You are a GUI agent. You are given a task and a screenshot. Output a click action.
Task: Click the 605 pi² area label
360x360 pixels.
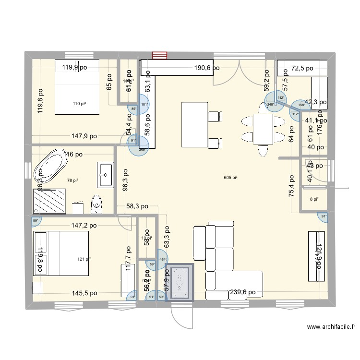point(230,178)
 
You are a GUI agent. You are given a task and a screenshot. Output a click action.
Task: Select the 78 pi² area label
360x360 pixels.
point(72,180)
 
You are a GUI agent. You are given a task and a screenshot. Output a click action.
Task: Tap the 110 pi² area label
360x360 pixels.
point(79,104)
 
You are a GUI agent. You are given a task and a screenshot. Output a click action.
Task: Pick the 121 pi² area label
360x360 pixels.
point(84,259)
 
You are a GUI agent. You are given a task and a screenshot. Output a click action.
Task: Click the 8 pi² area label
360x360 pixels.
point(314,200)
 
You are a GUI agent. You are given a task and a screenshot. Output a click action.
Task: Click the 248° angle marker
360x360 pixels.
point(271,105)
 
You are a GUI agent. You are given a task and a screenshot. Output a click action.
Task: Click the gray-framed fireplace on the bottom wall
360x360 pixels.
point(179,282)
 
